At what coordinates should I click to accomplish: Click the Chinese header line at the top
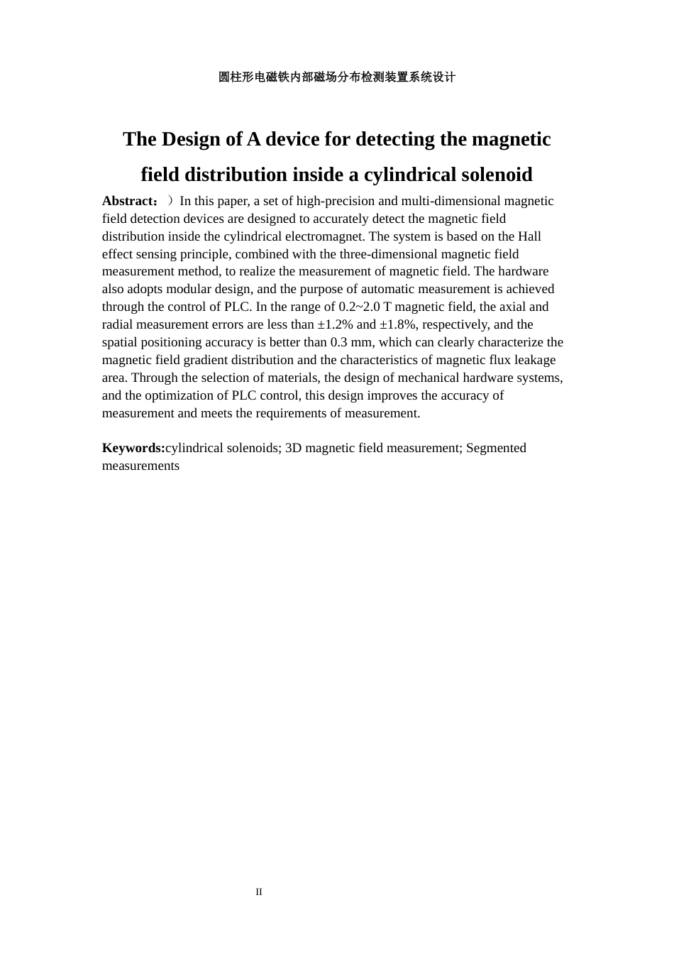coord(336,77)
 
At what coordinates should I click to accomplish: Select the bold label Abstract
coord(128,201)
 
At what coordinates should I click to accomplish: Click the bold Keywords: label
coord(133,448)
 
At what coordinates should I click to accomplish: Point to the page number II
coord(259,892)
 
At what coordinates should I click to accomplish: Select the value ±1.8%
coord(397,324)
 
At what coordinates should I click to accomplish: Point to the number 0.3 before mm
coord(339,342)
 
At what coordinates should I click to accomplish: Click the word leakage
coord(535,360)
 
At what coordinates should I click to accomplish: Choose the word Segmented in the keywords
coord(496,448)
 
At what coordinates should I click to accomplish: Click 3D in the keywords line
coord(293,448)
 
